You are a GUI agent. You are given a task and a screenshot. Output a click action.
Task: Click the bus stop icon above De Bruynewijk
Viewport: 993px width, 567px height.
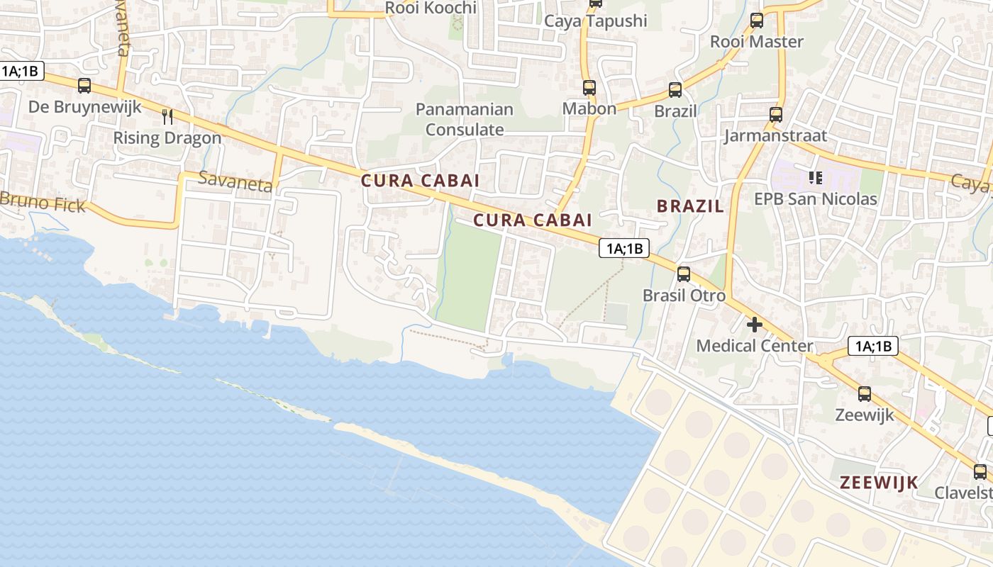pos(84,86)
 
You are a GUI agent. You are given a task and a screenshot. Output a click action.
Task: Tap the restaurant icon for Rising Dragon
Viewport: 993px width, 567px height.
pos(167,116)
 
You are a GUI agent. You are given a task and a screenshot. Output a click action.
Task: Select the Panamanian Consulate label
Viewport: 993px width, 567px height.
pos(465,119)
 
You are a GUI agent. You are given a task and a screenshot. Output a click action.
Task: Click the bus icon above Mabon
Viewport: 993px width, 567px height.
pos(589,88)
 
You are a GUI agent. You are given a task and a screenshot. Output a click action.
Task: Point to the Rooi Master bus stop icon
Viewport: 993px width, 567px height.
pos(757,21)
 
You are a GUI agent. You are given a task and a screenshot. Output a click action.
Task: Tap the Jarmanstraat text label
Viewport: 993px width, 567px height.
pos(775,135)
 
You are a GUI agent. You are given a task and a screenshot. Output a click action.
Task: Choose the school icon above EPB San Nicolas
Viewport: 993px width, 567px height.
pos(815,177)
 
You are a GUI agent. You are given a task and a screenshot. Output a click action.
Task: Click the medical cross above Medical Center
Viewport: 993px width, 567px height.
pos(755,325)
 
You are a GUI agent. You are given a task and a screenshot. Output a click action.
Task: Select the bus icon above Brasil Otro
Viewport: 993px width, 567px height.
pos(684,274)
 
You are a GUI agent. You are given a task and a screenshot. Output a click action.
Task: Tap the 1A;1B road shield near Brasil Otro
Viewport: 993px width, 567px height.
pos(624,248)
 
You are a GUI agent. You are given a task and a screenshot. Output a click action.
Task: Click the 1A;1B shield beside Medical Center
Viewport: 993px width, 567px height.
pos(873,346)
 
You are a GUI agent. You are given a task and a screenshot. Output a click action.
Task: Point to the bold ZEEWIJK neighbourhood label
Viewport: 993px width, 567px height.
pos(879,482)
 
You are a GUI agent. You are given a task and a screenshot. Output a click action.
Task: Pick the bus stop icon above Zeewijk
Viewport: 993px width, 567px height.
pos(865,394)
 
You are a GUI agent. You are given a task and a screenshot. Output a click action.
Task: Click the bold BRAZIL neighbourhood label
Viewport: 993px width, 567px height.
pos(690,206)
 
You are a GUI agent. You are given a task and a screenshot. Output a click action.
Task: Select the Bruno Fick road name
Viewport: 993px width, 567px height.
pos(43,202)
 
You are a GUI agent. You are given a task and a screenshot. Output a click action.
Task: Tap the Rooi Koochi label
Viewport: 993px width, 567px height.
pos(431,8)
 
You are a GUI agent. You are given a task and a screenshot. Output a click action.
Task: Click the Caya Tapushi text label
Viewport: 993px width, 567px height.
pos(596,21)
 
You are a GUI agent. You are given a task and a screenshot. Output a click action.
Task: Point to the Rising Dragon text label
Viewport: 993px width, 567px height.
pos(167,137)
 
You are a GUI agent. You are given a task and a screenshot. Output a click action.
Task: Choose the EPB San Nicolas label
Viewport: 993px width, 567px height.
pos(816,198)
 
